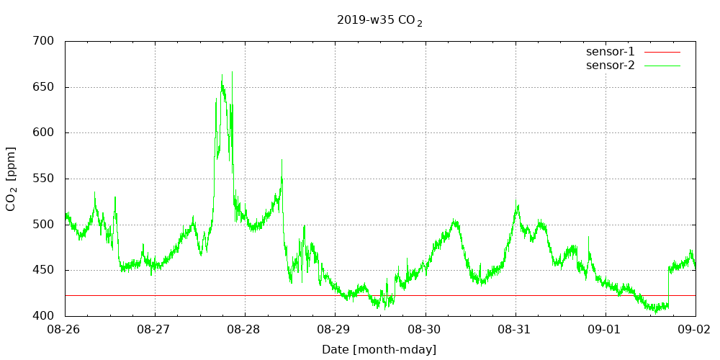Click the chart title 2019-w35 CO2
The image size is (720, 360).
pyautogui.click(x=379, y=21)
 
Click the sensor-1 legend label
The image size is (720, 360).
pyautogui.click(x=610, y=52)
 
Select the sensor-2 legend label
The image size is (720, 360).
pyautogui.click(x=610, y=66)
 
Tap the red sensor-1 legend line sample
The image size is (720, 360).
pyautogui.click(x=662, y=52)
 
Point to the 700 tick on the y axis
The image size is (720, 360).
pyautogui.click(x=44, y=41)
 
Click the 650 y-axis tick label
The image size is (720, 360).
pyautogui.click(x=44, y=87)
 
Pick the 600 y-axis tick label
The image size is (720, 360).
pyautogui.click(x=44, y=132)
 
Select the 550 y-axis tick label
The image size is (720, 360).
pyautogui.click(x=44, y=179)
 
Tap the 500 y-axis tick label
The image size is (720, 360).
pyautogui.click(x=44, y=224)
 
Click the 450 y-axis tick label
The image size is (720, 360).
pyautogui.click(x=44, y=270)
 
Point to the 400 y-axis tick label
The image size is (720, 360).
pyautogui.click(x=44, y=316)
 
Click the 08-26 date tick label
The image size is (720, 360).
pyautogui.click(x=65, y=330)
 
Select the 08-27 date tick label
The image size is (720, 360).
pyautogui.click(x=155, y=330)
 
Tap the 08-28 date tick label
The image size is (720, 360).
pyautogui.click(x=245, y=330)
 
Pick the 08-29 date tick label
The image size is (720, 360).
pyautogui.click(x=335, y=330)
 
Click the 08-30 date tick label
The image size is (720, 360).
pyautogui.click(x=426, y=330)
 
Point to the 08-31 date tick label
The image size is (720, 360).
pyautogui.click(x=516, y=330)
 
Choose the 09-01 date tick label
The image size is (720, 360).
pyautogui.click(x=606, y=330)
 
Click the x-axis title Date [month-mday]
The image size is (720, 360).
pyautogui.click(x=379, y=350)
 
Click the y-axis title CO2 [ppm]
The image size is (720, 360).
pyautogui.click(x=11, y=179)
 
